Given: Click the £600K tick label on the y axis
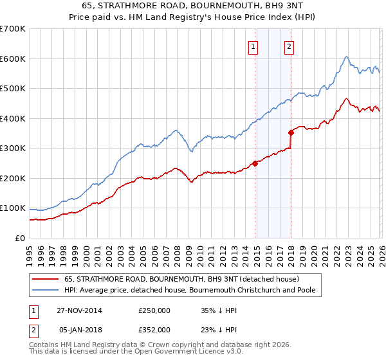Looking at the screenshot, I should click(13, 59).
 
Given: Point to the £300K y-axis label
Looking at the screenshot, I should click(13, 148).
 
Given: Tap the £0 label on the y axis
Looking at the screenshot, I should click(19, 239).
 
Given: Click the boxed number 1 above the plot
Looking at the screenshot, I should click(253, 46).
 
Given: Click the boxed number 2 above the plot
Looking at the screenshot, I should click(289, 46).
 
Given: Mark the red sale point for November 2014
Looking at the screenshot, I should click(255, 163).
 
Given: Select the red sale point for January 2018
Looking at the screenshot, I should click(291, 132).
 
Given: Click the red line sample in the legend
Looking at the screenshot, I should click(45, 279).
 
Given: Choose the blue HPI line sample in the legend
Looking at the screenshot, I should click(45, 291).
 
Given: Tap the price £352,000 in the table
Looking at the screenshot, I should click(154, 329).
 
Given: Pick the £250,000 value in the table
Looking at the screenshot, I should click(154, 310).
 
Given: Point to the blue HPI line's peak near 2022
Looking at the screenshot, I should click(346, 57).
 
